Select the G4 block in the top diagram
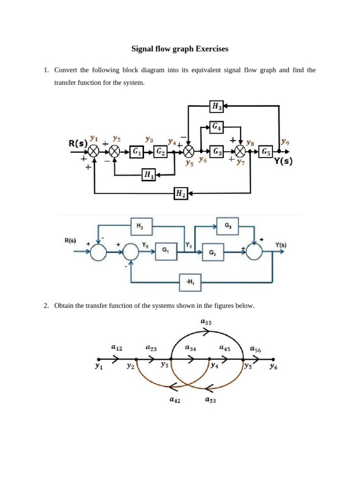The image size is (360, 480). coord(217,126)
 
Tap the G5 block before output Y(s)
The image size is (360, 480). coord(266,151)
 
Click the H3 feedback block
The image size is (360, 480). coord(217,107)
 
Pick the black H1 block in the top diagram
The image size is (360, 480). coord(149,175)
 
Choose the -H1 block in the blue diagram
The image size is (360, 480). coord(190,282)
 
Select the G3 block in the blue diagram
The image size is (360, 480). coord(227,225)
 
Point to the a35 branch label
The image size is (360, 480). coord(206,322)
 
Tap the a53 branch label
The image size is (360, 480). coord(210,400)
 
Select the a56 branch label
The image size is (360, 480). coord(255,349)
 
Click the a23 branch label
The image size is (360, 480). coord(151,348)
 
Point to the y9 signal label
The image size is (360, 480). coord(285,140)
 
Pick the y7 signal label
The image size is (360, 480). coord(241,162)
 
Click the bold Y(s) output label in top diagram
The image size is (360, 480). coord(283,163)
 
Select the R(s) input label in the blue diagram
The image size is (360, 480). coord(70,241)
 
